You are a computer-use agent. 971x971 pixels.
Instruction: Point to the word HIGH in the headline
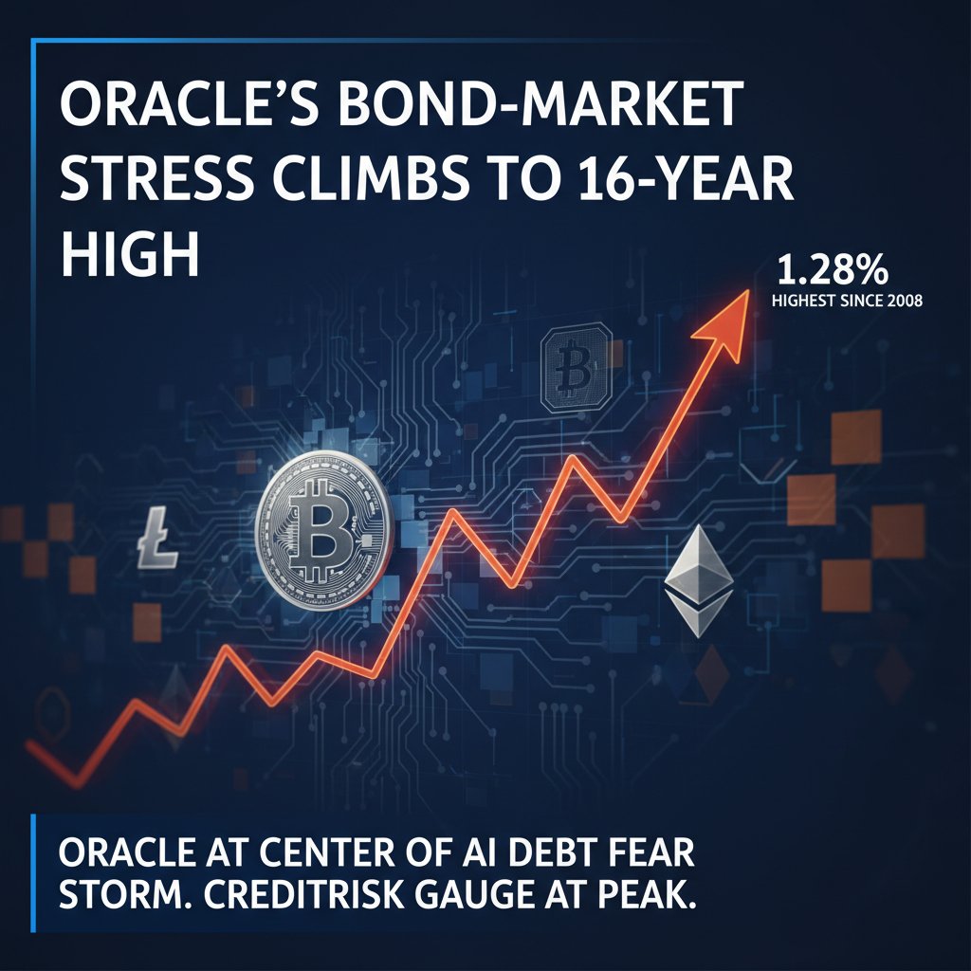(x=130, y=252)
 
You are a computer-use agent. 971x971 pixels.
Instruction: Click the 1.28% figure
(x=832, y=270)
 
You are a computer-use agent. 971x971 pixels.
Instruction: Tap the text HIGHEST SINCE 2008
(x=847, y=301)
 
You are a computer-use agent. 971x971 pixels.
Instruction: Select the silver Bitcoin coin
(x=324, y=530)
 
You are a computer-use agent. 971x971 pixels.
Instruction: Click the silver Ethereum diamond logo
(x=699, y=581)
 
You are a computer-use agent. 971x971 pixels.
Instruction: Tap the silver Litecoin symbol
(x=157, y=538)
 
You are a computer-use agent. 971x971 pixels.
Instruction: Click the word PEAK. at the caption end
(x=644, y=894)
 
